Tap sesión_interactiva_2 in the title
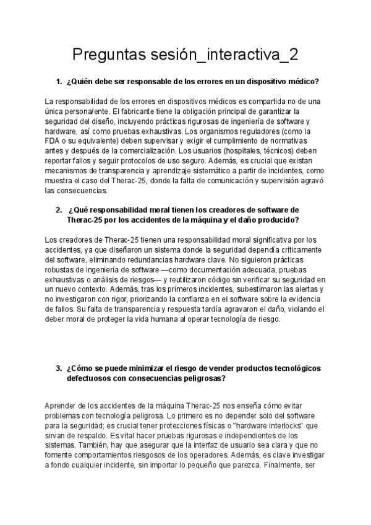coord(226,54)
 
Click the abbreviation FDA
coord(54,141)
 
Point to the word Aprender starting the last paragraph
coord(64,405)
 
